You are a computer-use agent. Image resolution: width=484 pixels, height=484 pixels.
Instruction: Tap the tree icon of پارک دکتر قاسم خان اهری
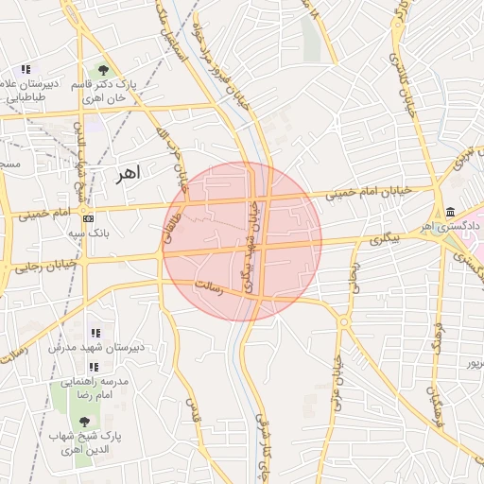point(103,70)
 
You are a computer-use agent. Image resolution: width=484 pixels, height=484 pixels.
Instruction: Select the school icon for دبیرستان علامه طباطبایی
point(26,69)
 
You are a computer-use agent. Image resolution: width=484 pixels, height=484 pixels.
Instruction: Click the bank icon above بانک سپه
point(89,217)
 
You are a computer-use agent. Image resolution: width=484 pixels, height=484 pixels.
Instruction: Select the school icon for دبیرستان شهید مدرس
point(95,333)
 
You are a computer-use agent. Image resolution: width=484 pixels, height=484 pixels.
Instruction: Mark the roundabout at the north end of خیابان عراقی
point(343,322)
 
